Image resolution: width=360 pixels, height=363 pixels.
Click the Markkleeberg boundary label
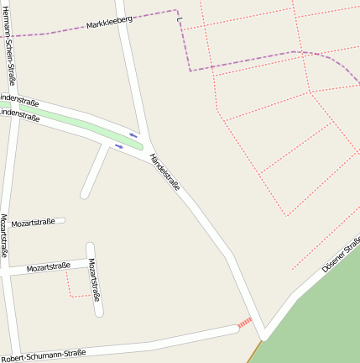click(109, 24)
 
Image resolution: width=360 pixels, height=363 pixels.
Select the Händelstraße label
click(164, 171)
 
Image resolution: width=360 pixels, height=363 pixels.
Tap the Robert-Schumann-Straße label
click(43, 355)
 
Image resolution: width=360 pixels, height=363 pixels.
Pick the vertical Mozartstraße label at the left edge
click(4, 235)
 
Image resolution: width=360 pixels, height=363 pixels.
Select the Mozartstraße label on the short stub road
click(33, 224)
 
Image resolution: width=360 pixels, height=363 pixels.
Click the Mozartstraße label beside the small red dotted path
click(48, 267)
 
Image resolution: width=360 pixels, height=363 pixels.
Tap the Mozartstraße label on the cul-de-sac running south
click(95, 280)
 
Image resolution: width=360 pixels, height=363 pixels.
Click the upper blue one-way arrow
click(133, 134)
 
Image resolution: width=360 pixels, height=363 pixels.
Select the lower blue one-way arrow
click(119, 146)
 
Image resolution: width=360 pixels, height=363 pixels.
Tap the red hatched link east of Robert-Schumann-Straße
click(244, 323)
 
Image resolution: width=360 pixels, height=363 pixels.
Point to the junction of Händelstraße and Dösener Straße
click(263, 334)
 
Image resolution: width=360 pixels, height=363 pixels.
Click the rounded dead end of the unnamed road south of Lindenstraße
click(86, 195)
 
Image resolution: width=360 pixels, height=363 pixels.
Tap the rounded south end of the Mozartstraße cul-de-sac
click(100, 312)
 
